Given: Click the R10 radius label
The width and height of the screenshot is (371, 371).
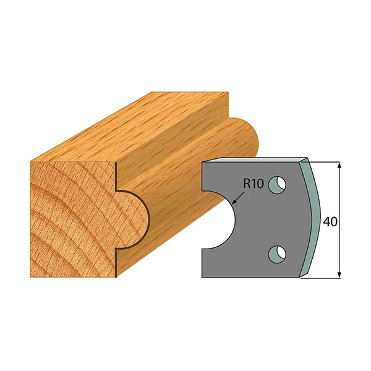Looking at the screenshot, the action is click(x=254, y=184).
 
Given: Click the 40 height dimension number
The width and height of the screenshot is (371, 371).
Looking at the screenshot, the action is click(x=330, y=222).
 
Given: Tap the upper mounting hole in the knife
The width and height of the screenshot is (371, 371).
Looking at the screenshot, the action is click(x=277, y=184).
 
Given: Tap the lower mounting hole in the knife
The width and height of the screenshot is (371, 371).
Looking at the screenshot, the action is click(x=277, y=254).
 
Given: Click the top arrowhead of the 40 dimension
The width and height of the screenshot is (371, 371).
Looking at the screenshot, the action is click(x=339, y=165).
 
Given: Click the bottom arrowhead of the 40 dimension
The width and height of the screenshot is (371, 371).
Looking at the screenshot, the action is click(x=339, y=275).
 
